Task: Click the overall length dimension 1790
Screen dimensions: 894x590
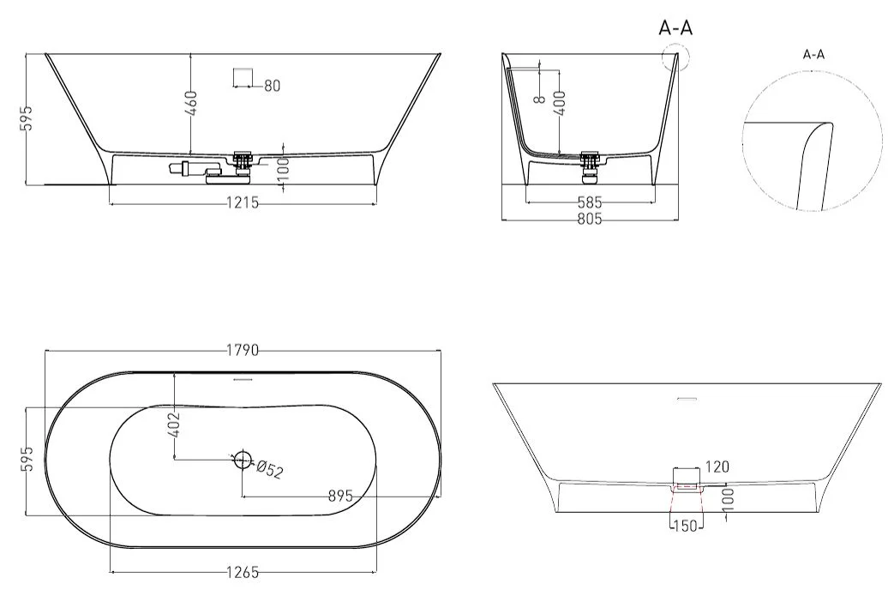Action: coord(243,350)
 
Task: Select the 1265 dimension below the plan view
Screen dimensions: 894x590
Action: coord(243,572)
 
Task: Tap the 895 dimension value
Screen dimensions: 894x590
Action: coord(340,496)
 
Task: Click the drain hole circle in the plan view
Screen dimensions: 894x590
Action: coord(243,459)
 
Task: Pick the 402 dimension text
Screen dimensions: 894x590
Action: coord(174,424)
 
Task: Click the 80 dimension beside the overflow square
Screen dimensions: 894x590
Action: coord(273,86)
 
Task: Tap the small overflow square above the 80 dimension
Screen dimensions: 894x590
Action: coord(243,76)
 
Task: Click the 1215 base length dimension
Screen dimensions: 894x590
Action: coord(243,202)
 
